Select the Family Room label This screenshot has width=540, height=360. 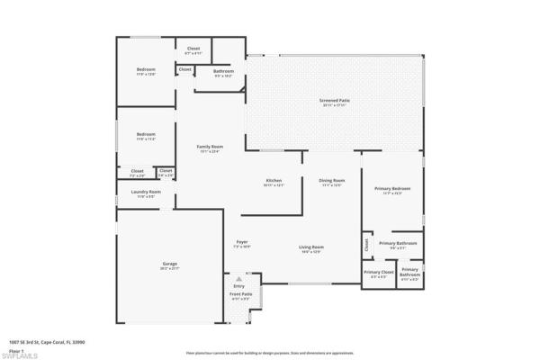(211, 147)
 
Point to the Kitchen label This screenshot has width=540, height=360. (274, 180)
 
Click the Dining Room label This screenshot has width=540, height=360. (332, 180)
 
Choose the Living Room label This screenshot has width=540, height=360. (311, 247)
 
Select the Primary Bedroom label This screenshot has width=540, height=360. (392, 189)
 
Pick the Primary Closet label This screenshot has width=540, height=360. (379, 273)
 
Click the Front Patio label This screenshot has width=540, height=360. (240, 294)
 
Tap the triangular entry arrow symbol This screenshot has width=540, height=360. (239, 279)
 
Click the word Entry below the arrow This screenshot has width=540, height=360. (238, 286)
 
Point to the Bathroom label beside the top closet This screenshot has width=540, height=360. (223, 71)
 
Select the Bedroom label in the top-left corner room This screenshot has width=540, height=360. (146, 70)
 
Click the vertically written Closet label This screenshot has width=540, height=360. (366, 243)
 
